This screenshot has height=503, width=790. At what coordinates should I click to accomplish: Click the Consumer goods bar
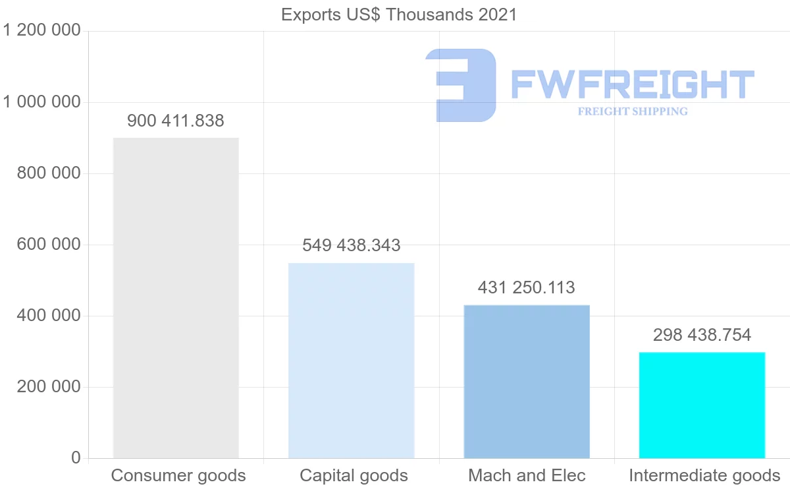click(176, 298)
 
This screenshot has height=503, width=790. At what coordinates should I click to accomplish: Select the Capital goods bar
click(352, 361)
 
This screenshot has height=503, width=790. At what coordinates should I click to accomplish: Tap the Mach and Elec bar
click(527, 382)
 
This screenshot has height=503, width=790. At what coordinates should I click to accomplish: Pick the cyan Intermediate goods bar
click(702, 405)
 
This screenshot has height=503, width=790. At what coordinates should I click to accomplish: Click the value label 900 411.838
click(176, 121)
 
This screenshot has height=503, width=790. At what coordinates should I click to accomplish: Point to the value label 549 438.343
click(352, 246)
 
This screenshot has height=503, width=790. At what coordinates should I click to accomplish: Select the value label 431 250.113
click(527, 288)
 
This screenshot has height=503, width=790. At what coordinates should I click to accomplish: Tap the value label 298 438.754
click(702, 336)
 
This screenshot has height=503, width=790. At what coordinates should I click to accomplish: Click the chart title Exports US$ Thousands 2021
click(399, 15)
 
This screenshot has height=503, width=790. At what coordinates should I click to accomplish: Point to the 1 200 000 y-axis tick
click(42, 31)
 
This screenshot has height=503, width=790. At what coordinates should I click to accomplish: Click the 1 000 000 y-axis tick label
click(42, 102)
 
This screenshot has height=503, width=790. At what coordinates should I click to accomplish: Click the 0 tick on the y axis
click(76, 458)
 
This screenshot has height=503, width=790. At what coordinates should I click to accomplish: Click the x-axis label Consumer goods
click(178, 476)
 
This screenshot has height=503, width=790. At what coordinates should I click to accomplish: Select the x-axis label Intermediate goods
click(704, 476)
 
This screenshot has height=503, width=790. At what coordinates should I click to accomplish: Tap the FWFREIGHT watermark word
click(633, 85)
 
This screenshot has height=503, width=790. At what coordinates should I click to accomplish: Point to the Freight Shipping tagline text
click(633, 111)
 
